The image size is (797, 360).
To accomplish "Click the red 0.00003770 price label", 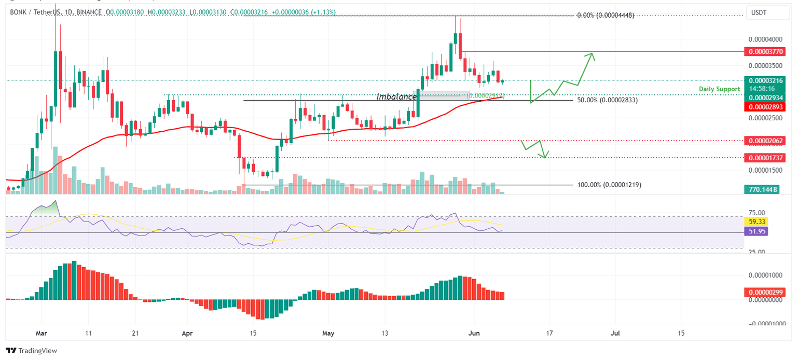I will point(764,51).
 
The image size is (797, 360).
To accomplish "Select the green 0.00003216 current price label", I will point(764,80).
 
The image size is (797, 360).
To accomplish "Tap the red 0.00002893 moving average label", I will point(764,107).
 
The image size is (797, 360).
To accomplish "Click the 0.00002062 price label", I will point(764,141).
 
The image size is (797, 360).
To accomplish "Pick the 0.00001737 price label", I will point(764,157).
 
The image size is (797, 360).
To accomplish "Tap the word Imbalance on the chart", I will point(396,96).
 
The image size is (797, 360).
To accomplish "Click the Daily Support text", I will point(719,89).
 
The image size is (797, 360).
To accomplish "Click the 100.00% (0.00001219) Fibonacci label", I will point(609,185).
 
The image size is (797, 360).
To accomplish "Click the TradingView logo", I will point(31,351).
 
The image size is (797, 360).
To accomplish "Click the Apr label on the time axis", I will point(187,332).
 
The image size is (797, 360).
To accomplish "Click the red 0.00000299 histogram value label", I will point(764,292).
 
